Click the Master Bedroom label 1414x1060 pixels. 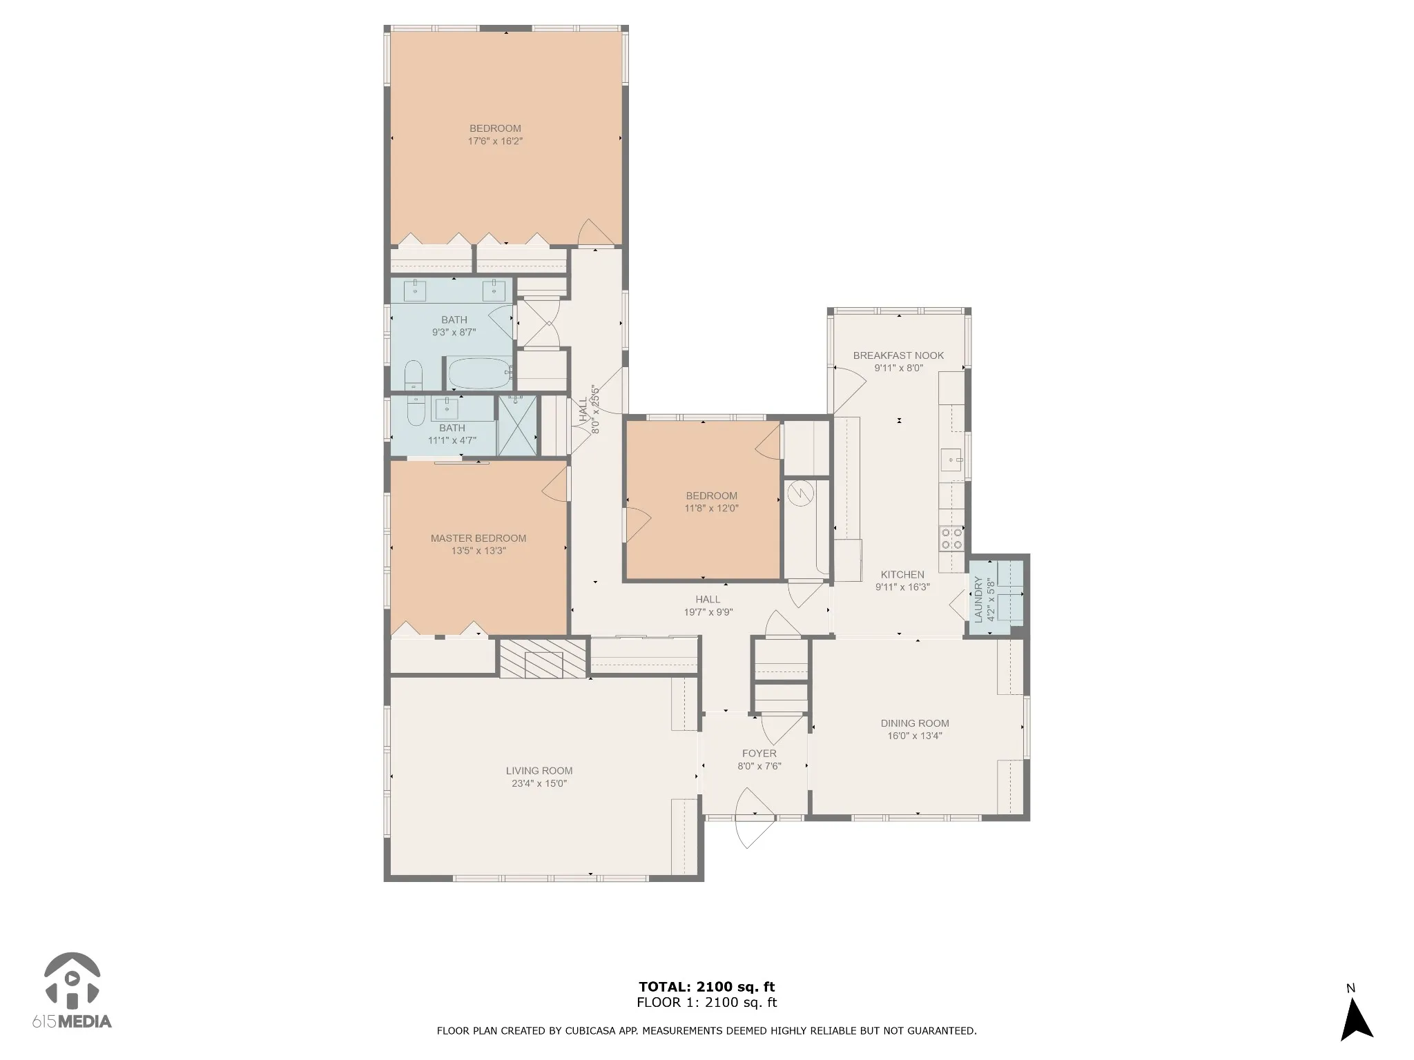[x=478, y=538]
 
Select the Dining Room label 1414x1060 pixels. [x=915, y=723]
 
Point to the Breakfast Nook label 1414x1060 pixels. [x=898, y=355]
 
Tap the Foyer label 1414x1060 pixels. [x=759, y=754]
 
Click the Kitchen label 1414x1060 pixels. [x=902, y=574]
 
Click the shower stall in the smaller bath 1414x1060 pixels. [x=517, y=425]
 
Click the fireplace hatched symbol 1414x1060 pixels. [x=543, y=658]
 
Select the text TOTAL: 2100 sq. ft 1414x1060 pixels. [x=707, y=987]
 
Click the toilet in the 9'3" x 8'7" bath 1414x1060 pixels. [x=414, y=375]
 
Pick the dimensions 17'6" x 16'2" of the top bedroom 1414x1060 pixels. [x=495, y=141]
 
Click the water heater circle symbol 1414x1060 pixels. [x=800, y=493]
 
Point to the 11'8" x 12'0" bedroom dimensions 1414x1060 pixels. [x=711, y=509]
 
